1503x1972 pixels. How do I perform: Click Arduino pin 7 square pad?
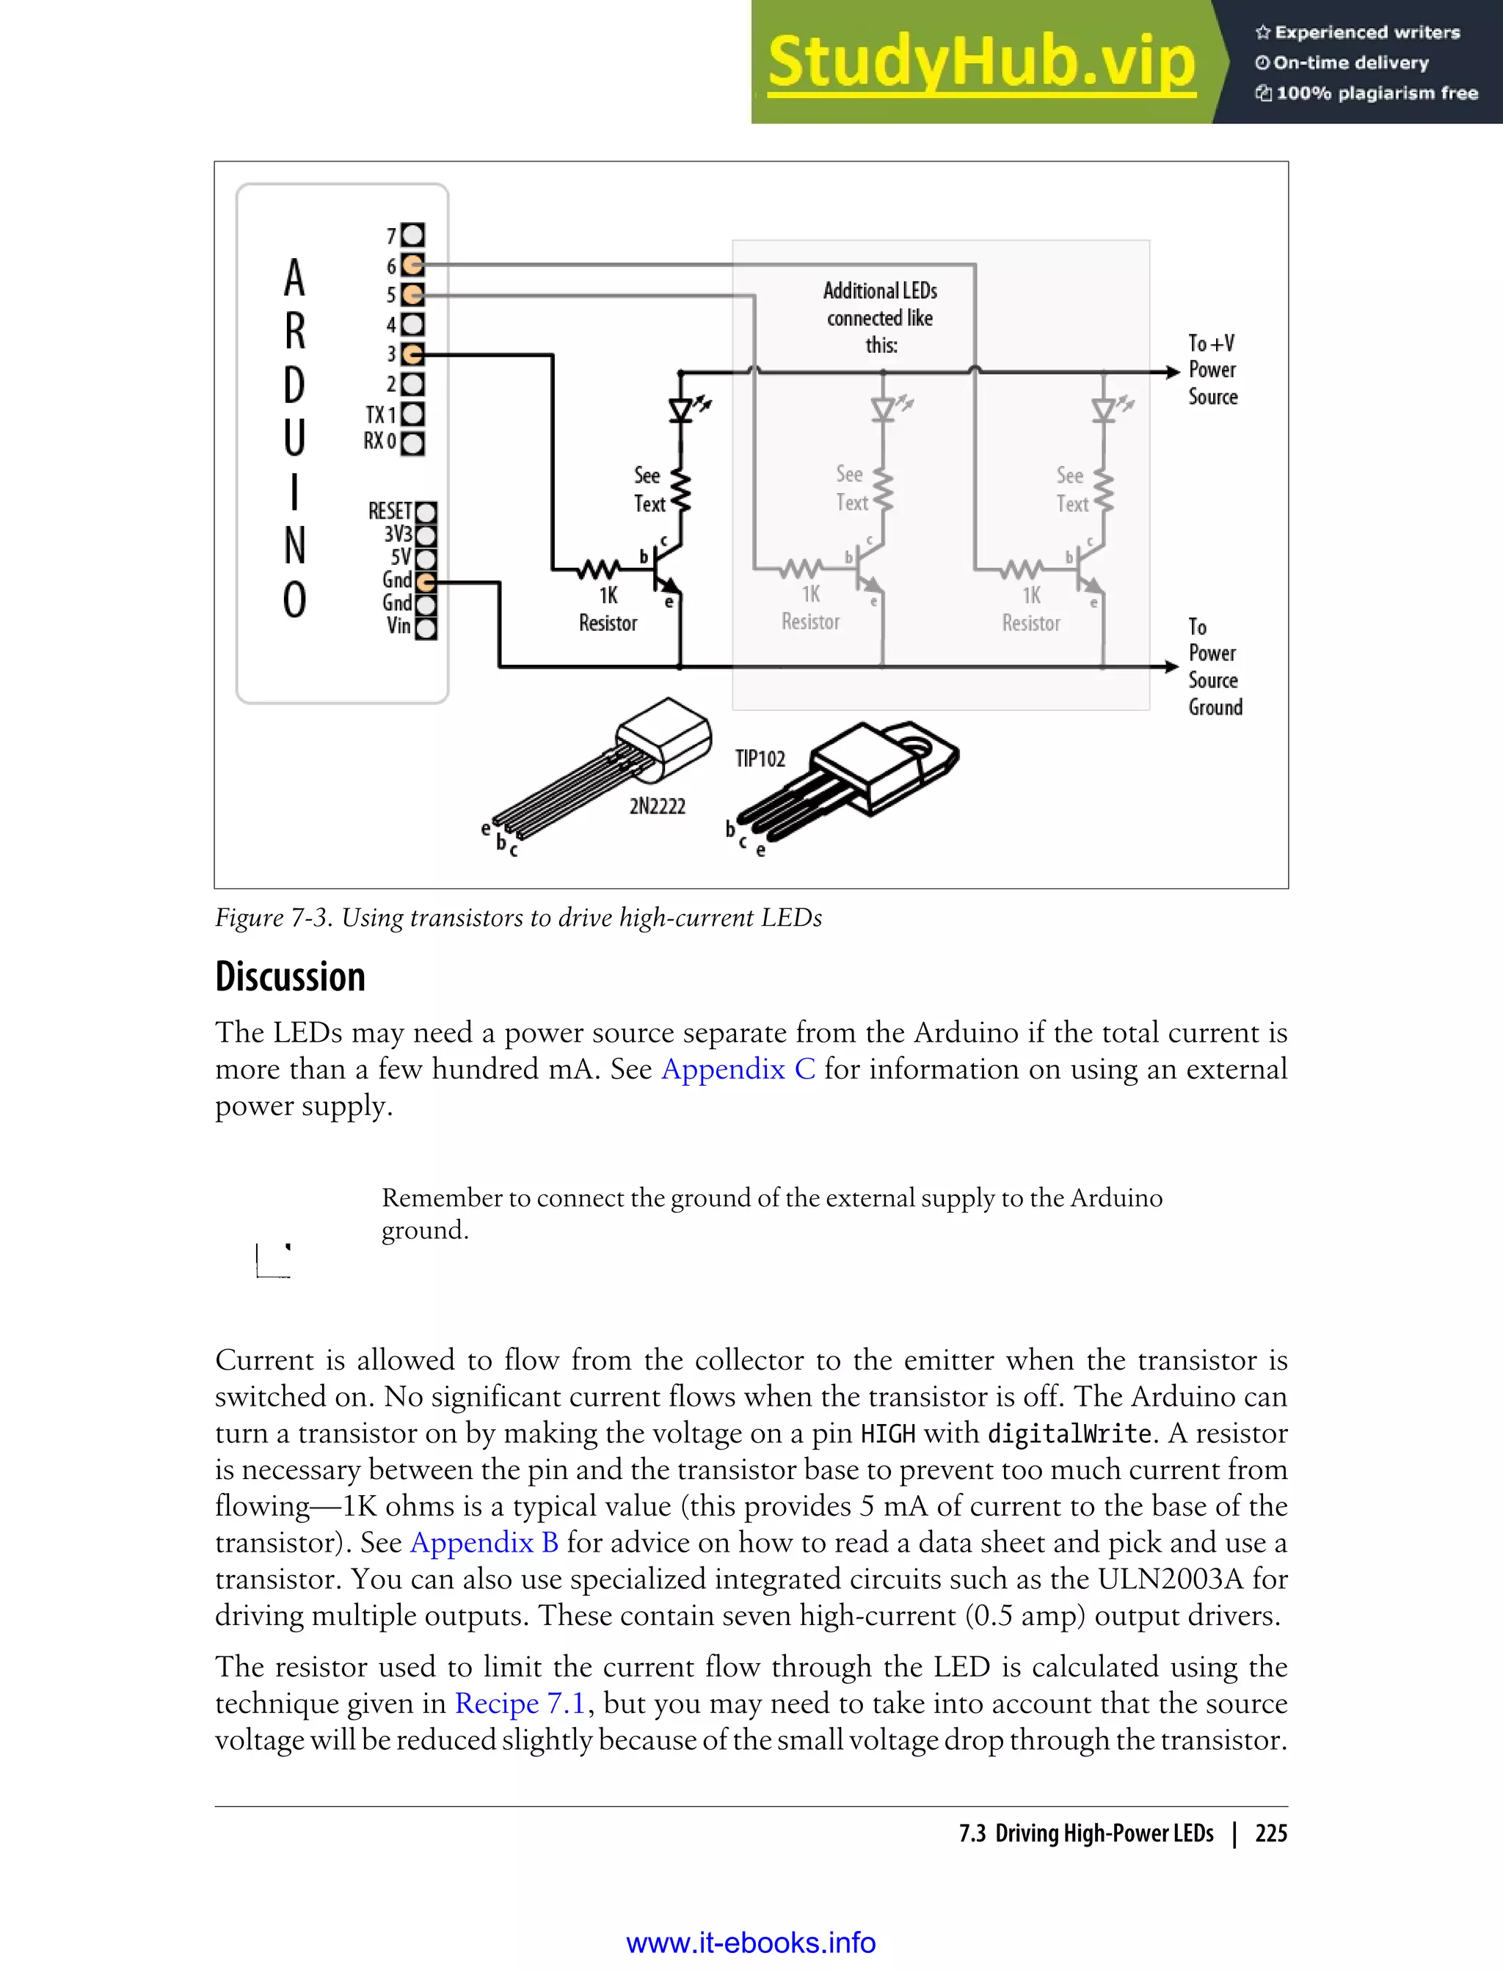pyautogui.click(x=412, y=235)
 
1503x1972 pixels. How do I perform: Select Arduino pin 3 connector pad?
pyautogui.click(x=412, y=354)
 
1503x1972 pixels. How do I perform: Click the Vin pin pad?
pyautogui.click(x=426, y=628)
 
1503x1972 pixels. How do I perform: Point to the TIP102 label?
pyautogui.click(x=760, y=759)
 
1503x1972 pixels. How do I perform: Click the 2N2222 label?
pyautogui.click(x=657, y=806)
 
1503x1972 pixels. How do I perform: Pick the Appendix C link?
pyautogui.click(x=738, y=1069)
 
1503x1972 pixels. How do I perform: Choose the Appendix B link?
pyautogui.click(x=484, y=1542)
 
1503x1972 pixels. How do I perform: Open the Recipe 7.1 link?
pyautogui.click(x=520, y=1703)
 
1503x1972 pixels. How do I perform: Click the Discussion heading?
pyautogui.click(x=291, y=976)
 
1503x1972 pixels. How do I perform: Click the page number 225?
pyautogui.click(x=1270, y=1833)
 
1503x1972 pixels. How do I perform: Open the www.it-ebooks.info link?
pyautogui.click(x=751, y=1943)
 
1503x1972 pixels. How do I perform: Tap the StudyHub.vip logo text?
pyautogui.click(x=981, y=62)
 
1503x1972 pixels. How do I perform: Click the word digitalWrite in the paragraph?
pyautogui.click(x=1069, y=1434)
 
